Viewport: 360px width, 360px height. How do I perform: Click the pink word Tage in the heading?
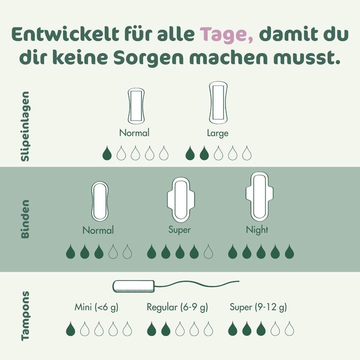(x=223, y=35)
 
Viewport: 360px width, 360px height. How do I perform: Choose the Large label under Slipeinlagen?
(x=217, y=133)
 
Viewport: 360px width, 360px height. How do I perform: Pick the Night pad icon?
(x=259, y=196)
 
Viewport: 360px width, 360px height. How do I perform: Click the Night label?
(x=257, y=230)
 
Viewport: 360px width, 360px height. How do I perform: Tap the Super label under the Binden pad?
(x=179, y=230)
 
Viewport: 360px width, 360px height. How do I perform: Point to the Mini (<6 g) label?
(x=96, y=307)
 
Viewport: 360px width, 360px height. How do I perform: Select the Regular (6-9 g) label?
(x=177, y=307)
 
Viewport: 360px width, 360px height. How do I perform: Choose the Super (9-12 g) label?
(x=258, y=307)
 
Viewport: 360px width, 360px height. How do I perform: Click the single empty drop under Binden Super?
(x=208, y=252)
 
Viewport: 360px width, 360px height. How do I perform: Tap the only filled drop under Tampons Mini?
(x=70, y=328)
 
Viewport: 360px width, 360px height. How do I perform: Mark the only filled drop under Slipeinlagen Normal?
(x=106, y=153)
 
